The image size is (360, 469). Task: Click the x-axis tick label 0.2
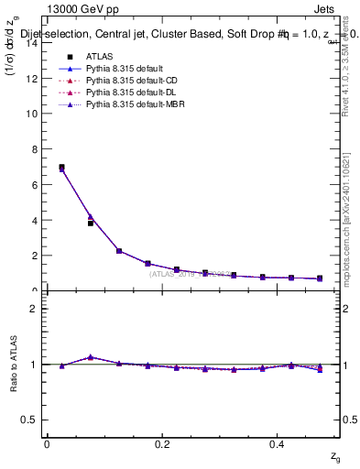tap(162, 443)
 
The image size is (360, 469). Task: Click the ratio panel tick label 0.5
tap(28, 420)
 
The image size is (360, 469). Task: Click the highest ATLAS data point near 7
tap(61, 168)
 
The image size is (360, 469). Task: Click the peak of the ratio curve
tap(90, 357)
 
